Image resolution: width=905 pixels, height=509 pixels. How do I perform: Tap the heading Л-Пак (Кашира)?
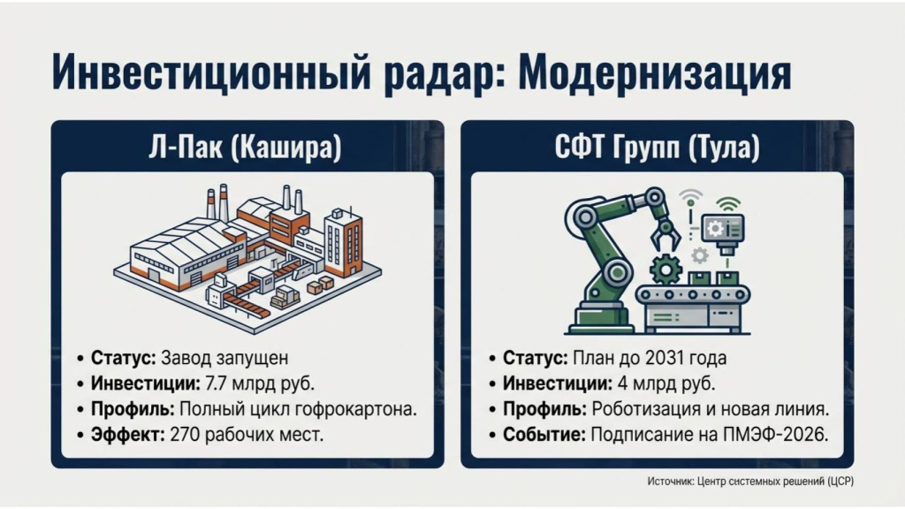[245, 147]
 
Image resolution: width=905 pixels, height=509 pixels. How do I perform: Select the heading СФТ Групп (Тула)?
[657, 147]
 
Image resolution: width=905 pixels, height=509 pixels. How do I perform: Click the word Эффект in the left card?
[122, 436]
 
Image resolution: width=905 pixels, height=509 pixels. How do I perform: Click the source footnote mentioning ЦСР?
[749, 481]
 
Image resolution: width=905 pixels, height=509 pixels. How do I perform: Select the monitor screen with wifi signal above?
[723, 228]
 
